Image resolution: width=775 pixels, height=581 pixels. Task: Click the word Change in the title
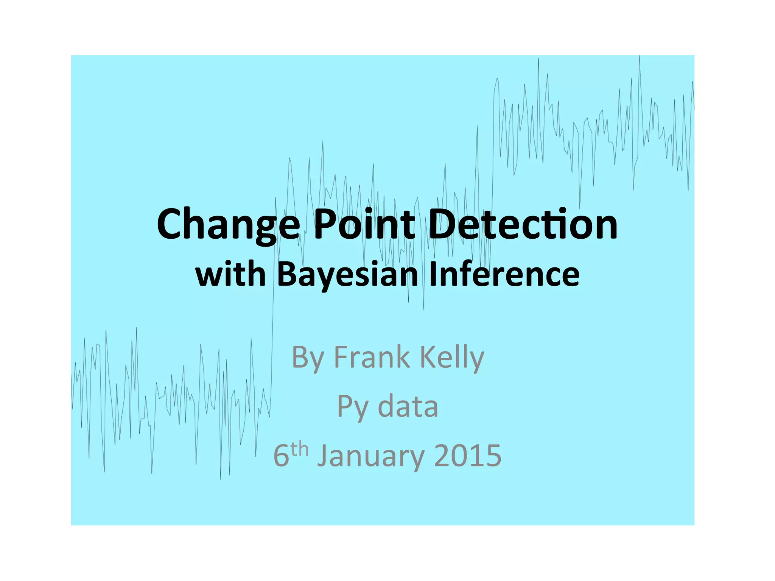[228, 225]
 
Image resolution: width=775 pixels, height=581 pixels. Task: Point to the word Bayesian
[347, 275]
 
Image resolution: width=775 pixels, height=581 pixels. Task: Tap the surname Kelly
[452, 357]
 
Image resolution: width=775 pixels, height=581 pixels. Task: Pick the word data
[408, 407]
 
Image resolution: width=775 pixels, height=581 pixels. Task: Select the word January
[370, 456]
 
